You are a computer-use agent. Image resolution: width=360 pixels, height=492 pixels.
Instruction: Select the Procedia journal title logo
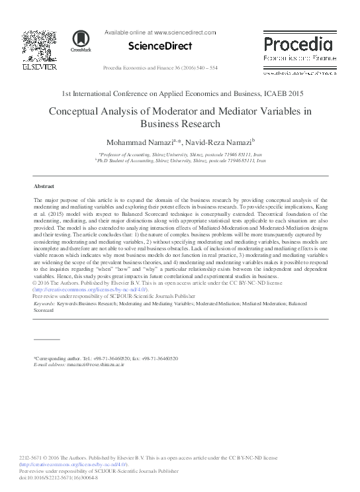point(298,45)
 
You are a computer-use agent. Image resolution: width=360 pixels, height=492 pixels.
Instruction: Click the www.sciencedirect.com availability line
point(161,32)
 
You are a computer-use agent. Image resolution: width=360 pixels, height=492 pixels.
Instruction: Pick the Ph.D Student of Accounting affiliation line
point(181,160)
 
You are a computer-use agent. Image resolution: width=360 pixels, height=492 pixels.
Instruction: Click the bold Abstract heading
point(45,187)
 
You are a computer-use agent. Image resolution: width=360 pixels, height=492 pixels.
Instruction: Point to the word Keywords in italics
point(44,303)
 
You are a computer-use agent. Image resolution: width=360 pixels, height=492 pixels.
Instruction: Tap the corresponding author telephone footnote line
point(105,358)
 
